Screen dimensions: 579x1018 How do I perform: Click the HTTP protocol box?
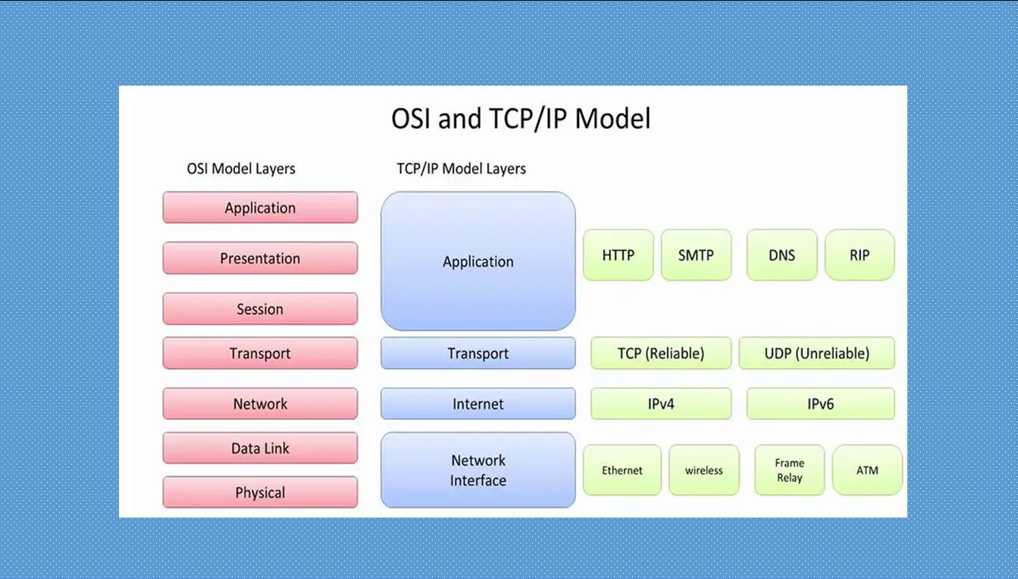[618, 255]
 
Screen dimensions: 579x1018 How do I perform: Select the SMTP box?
[696, 255]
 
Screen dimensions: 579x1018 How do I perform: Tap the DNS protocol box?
[782, 255]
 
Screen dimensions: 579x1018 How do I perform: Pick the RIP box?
[860, 255]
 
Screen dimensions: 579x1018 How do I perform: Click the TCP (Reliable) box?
[661, 353]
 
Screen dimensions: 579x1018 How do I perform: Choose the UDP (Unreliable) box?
[816, 353]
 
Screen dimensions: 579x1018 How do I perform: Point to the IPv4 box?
[661, 404]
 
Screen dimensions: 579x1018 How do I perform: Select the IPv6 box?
[820, 404]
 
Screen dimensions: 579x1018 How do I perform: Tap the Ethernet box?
[622, 471]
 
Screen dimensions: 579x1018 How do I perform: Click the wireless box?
[703, 471]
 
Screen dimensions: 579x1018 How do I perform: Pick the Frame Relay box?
[789, 471]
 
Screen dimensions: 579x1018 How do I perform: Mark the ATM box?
[867, 471]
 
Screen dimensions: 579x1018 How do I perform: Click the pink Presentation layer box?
[260, 258]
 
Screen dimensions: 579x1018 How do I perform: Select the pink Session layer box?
[260, 309]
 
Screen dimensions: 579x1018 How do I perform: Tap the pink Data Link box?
[260, 449]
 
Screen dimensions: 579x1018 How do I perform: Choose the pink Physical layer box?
[260, 493]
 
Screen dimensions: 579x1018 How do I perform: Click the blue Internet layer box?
[478, 404]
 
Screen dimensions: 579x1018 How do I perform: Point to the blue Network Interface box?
[478, 471]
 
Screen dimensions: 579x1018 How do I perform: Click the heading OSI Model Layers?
[241, 168]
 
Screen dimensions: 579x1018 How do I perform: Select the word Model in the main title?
[612, 119]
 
